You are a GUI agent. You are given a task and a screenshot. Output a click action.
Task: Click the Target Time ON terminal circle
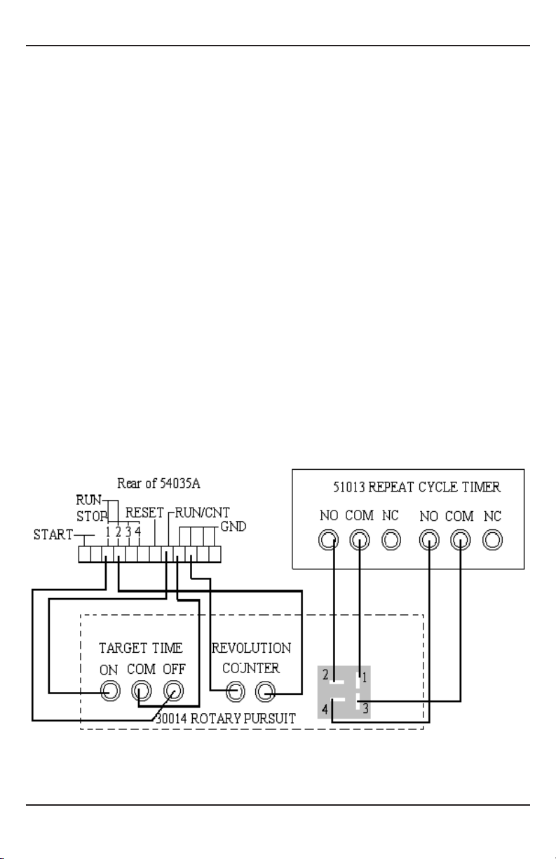(110, 691)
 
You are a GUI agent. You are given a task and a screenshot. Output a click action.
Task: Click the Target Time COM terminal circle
(141, 691)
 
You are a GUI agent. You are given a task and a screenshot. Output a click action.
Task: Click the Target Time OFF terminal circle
(173, 691)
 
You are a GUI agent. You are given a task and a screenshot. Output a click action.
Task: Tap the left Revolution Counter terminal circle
(236, 692)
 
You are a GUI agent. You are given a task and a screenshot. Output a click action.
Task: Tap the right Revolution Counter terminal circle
(265, 692)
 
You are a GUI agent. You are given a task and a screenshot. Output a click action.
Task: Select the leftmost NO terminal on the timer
(329, 540)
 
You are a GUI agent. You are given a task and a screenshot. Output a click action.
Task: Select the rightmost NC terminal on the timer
(492, 540)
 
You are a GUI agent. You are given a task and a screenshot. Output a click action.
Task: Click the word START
(53, 534)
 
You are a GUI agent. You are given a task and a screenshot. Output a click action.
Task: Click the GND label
(233, 527)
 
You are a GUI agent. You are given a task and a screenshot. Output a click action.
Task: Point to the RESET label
(144, 513)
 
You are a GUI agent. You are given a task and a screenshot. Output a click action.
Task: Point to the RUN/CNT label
(203, 513)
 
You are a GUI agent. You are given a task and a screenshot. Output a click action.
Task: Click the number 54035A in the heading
(179, 483)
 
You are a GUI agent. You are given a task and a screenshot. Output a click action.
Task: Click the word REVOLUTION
(252, 648)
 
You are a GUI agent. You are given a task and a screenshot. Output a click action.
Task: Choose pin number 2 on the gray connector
(325, 675)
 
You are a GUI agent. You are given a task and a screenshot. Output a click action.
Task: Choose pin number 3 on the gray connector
(365, 708)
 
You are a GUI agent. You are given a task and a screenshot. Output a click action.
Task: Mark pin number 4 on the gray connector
(325, 709)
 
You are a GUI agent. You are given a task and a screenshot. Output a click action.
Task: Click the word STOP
(92, 517)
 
